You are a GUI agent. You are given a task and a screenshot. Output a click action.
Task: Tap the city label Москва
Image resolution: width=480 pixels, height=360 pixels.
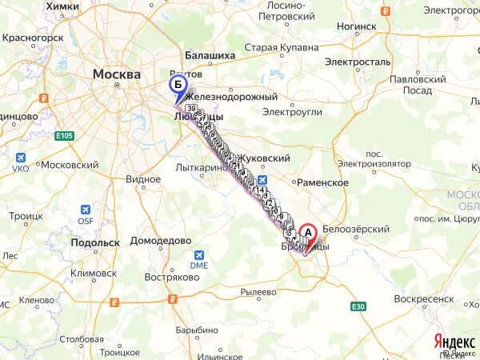click(x=117, y=74)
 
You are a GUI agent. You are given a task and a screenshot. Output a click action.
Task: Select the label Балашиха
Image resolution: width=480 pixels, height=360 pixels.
click(x=210, y=56)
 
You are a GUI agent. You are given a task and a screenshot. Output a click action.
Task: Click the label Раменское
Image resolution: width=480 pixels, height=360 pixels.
click(x=322, y=182)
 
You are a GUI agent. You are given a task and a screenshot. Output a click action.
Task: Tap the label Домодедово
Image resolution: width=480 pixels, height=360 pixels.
click(x=161, y=240)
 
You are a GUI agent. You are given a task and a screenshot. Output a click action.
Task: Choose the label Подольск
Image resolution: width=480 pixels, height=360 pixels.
click(x=95, y=242)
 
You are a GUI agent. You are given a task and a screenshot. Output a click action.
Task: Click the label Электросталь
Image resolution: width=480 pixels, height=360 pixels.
click(x=358, y=61)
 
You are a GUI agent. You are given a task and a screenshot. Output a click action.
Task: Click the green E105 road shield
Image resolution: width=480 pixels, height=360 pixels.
click(x=64, y=136)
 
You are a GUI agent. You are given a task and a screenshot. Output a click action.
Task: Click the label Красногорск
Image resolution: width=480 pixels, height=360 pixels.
click(x=33, y=38)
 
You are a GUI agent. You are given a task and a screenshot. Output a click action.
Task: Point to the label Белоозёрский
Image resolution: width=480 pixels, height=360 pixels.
click(x=356, y=229)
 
